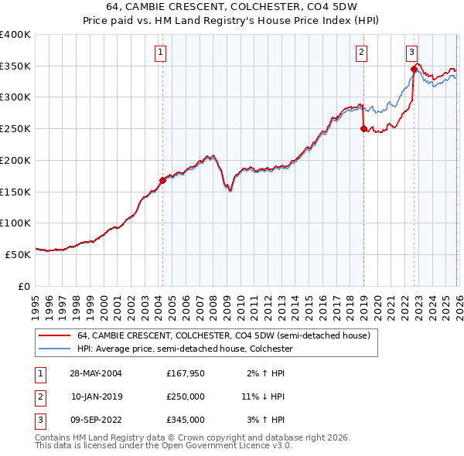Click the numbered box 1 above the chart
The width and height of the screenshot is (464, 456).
point(160,53)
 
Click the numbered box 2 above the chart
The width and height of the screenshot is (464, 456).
point(361,53)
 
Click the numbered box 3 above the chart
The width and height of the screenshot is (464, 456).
point(411,53)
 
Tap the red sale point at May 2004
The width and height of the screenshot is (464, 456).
point(162,180)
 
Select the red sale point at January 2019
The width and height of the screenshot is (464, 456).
point(363,129)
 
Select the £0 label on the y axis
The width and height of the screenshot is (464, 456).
point(23,286)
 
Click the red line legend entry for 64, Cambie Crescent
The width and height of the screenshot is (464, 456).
point(224,335)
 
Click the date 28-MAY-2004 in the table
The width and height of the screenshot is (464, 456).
point(96,373)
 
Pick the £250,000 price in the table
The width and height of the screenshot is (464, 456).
point(186,396)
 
